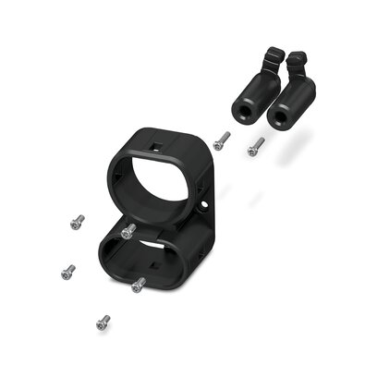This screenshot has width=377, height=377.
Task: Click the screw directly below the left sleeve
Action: click(x=221, y=140)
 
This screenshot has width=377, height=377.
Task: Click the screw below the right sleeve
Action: click(x=256, y=146)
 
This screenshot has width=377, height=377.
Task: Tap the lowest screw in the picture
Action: click(x=103, y=322)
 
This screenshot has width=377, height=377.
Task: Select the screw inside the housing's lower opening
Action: click(x=128, y=231)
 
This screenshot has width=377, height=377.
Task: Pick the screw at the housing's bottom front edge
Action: click(x=139, y=286)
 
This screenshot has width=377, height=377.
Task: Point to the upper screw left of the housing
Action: click(x=77, y=222)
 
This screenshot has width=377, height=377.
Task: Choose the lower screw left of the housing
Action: click(x=67, y=272)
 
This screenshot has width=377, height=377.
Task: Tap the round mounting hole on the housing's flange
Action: click(x=204, y=202)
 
